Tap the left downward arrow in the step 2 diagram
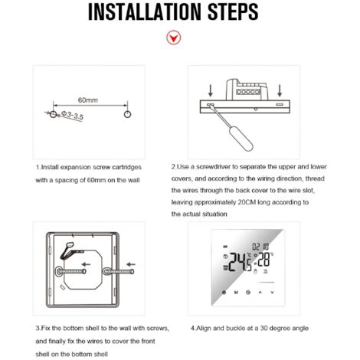212,90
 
